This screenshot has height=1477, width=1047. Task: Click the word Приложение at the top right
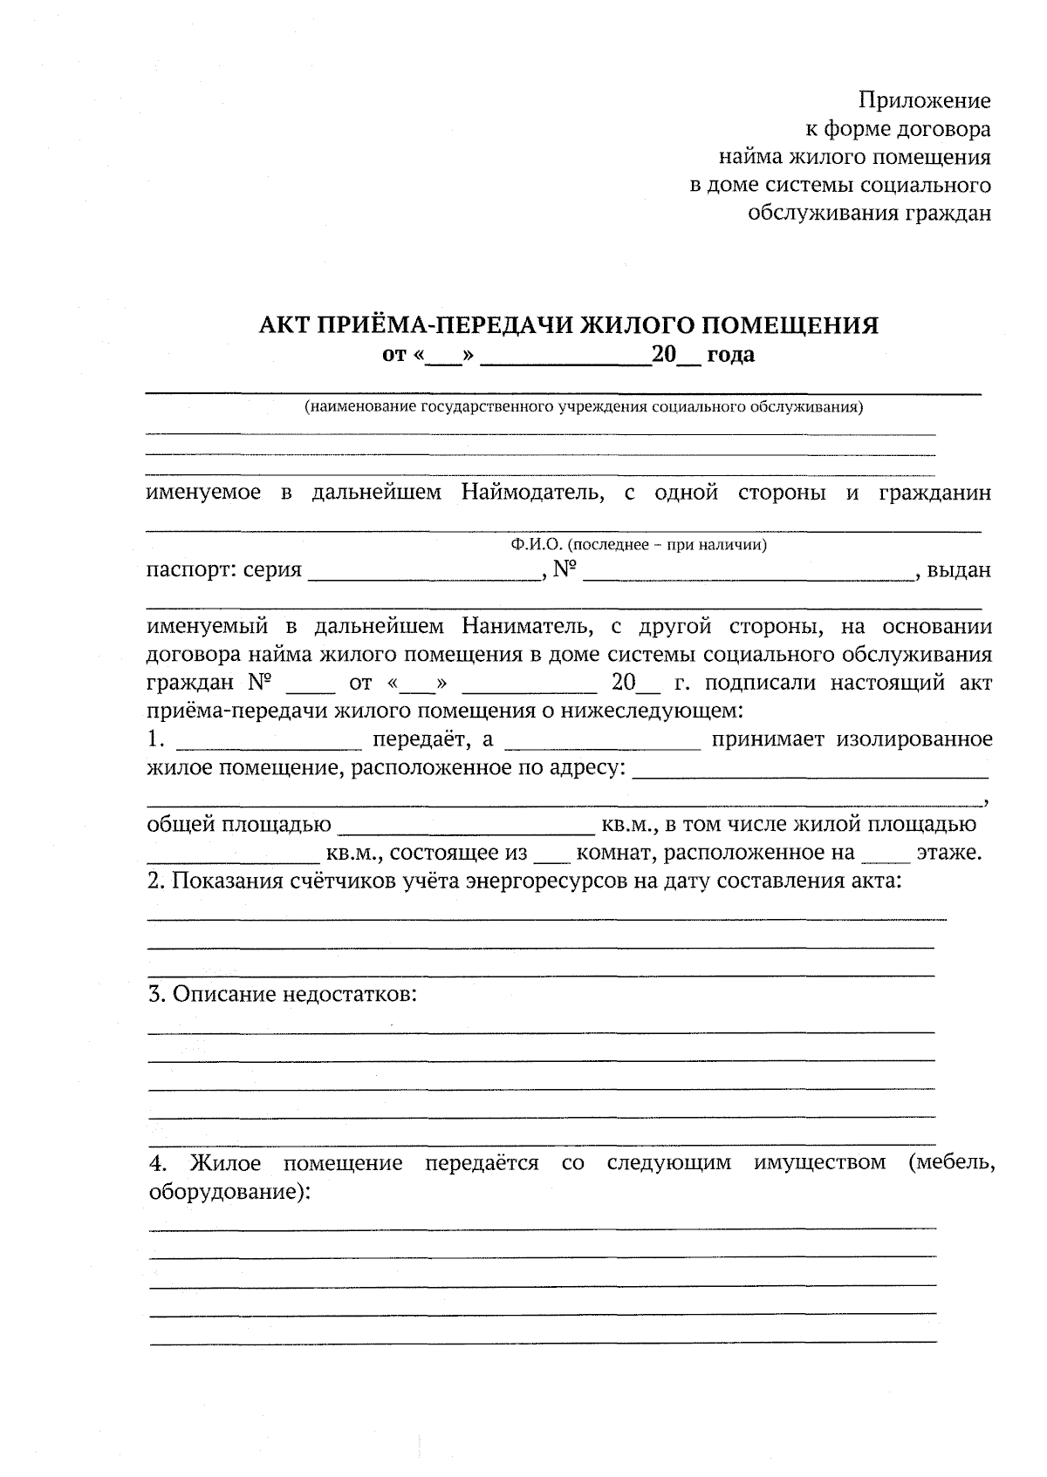[925, 101]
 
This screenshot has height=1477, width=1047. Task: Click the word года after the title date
[730, 356]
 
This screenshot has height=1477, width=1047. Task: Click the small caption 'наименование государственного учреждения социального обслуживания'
[583, 407]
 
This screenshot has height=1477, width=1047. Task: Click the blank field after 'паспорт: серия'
[423, 571]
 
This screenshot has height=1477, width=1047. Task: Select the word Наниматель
[531, 627]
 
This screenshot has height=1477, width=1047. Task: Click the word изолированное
[914, 740]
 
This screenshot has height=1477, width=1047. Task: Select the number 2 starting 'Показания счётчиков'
[154, 881]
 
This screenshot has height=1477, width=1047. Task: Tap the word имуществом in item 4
[819, 1163]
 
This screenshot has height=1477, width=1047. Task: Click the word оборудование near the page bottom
[224, 1192]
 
